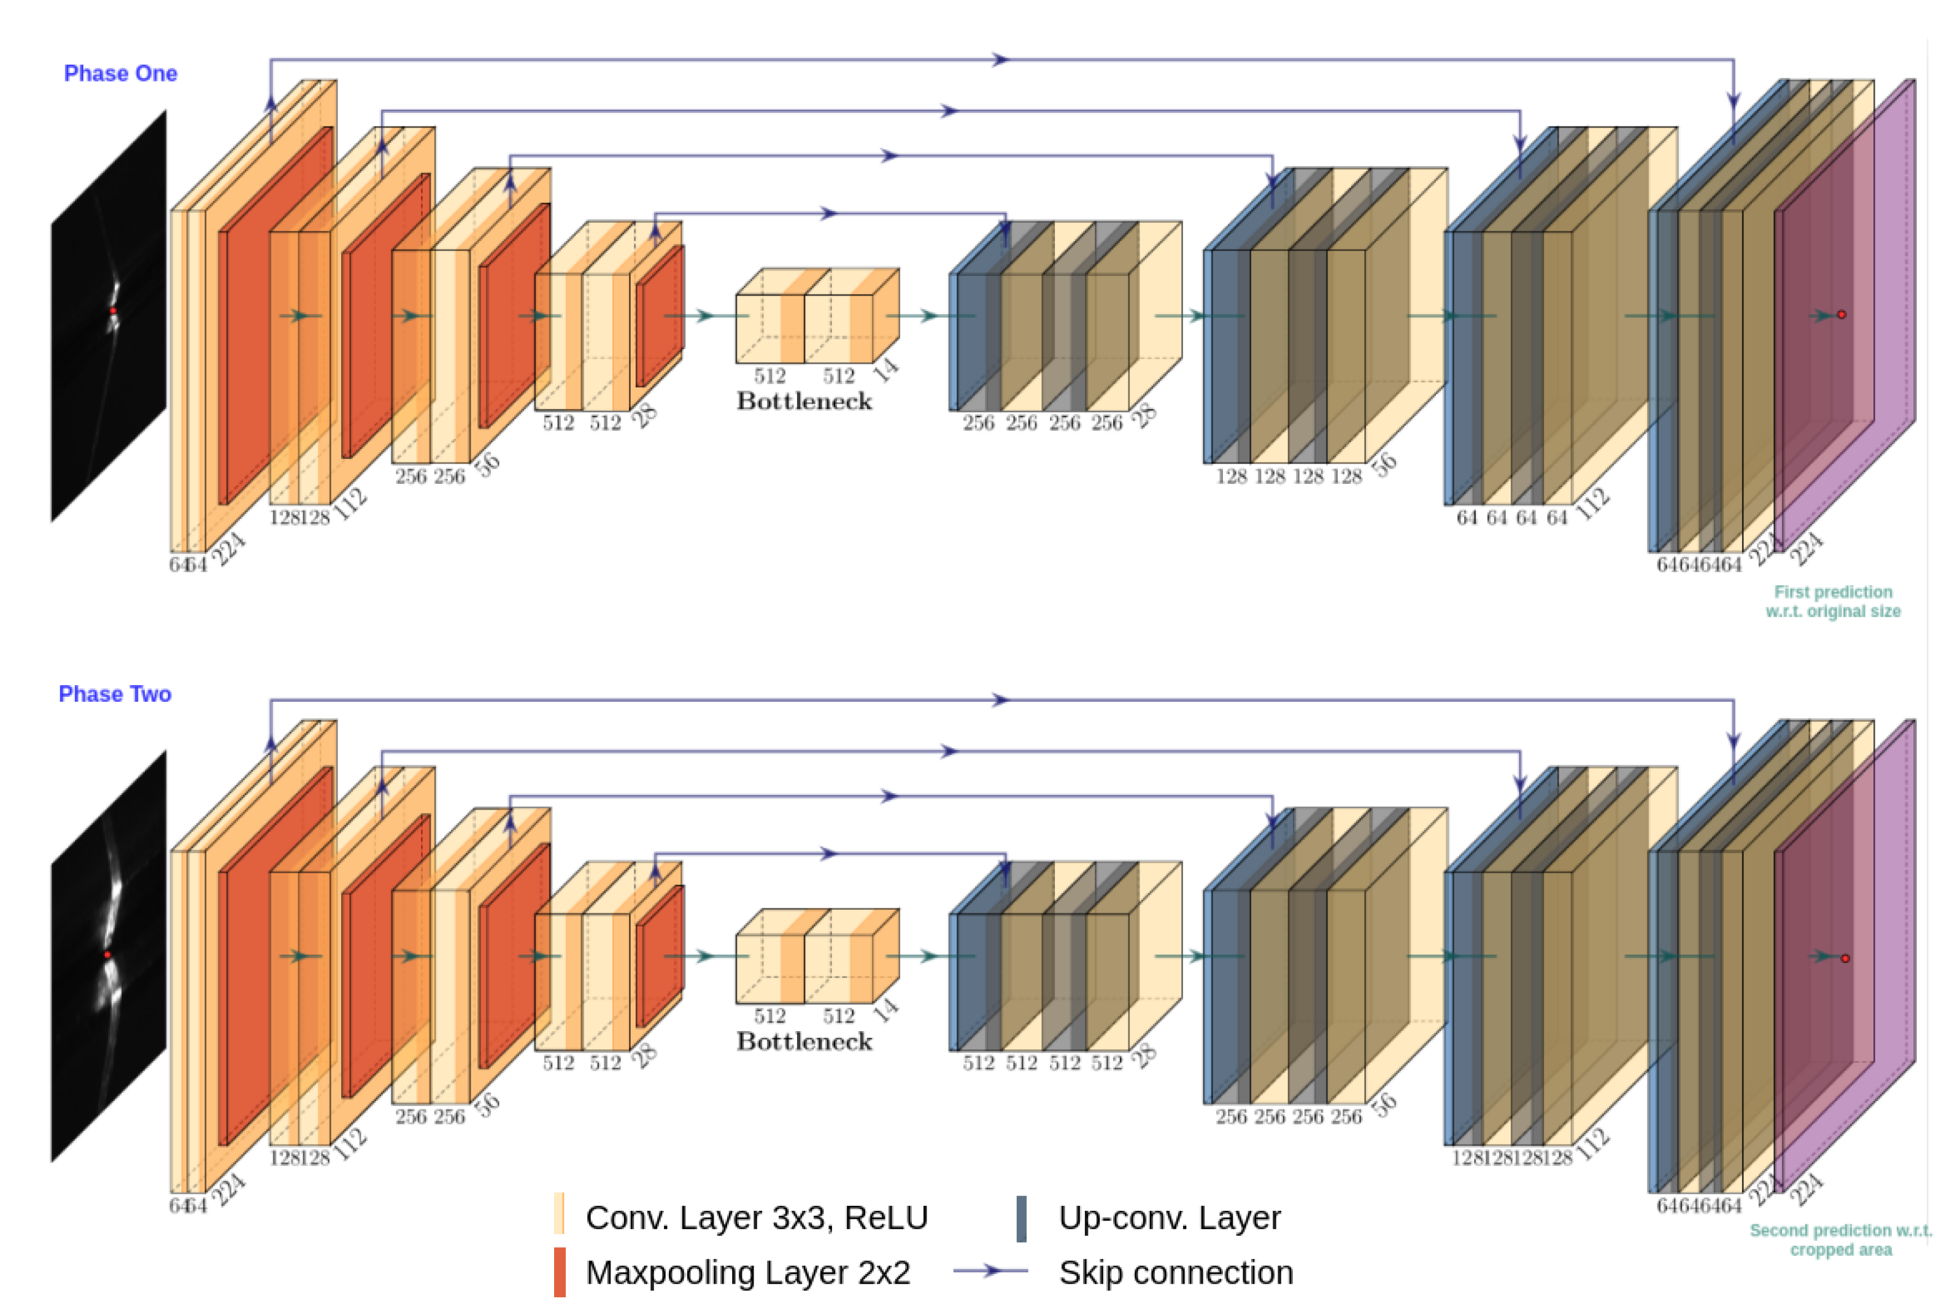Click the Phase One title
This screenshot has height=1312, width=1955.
(x=120, y=74)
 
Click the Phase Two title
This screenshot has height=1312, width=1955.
(x=115, y=694)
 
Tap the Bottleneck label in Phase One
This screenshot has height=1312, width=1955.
(x=804, y=402)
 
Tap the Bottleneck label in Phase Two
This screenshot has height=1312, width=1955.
(x=804, y=1042)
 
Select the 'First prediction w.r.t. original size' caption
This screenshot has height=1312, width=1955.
(x=1833, y=602)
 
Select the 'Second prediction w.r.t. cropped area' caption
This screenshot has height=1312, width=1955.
(x=1840, y=1240)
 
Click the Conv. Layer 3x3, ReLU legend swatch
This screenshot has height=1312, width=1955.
(x=559, y=1214)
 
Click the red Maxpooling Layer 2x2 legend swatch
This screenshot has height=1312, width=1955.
(x=559, y=1272)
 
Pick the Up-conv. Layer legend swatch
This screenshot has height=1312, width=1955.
(x=1021, y=1218)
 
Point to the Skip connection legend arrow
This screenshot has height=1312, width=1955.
(x=991, y=1271)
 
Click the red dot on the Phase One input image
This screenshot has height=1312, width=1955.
(x=113, y=310)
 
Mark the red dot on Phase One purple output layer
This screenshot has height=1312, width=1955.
(x=1841, y=315)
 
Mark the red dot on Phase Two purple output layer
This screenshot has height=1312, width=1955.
(x=1845, y=958)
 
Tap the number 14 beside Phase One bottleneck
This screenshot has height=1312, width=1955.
(x=885, y=369)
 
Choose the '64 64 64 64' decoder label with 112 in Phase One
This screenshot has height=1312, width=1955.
(x=1511, y=518)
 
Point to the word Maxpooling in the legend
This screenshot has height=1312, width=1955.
(x=661, y=1273)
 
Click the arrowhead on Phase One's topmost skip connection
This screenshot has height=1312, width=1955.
(x=1001, y=59)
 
